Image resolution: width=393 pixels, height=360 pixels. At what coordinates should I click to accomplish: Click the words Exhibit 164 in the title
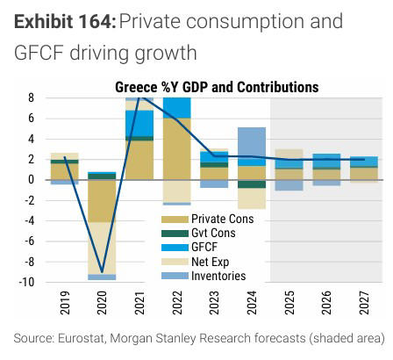(61, 21)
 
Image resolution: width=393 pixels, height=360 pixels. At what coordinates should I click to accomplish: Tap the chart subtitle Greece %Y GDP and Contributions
(216, 87)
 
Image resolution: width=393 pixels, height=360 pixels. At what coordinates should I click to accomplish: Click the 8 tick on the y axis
(31, 97)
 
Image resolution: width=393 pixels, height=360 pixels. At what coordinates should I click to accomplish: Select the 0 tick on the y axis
(31, 180)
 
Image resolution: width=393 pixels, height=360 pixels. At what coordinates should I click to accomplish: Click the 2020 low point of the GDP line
(102, 272)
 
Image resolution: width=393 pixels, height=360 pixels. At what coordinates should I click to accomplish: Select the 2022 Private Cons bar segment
(177, 148)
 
